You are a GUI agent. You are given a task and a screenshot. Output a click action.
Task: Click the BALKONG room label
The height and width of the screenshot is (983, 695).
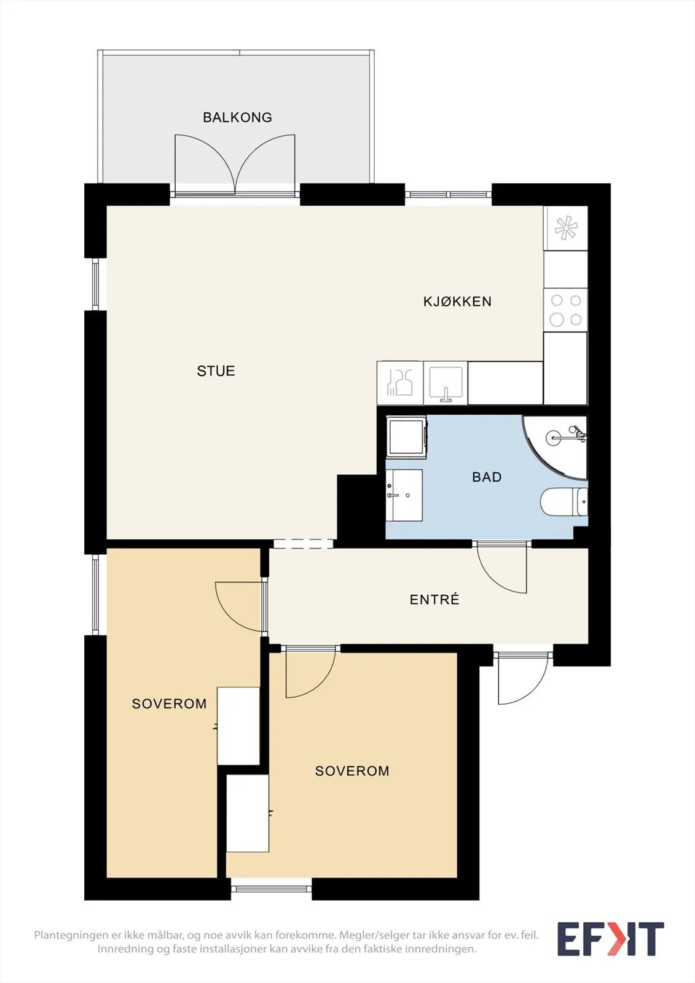pos(237,117)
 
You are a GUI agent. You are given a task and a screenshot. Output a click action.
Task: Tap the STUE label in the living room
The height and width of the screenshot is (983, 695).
pos(216,371)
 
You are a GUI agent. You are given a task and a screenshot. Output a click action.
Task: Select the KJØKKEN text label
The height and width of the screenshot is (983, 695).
pos(457,301)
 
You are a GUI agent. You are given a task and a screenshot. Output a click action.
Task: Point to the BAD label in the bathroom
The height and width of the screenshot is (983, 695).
pos(487,477)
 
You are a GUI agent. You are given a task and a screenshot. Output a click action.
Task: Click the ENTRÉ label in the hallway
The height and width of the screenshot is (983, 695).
pos(434,599)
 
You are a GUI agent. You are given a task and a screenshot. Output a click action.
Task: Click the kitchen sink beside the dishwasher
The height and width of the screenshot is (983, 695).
pos(446,383)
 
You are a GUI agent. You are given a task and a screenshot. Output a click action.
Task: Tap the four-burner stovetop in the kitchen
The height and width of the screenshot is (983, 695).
pos(565,310)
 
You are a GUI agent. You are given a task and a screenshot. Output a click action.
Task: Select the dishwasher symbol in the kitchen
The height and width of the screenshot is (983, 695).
pos(400,383)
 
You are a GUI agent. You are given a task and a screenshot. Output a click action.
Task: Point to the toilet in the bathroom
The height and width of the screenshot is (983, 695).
pos(563,501)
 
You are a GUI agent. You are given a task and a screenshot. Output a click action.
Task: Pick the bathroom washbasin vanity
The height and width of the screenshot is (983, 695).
pos(404,495)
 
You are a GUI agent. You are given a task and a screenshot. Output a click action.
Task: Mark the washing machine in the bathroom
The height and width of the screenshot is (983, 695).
pos(406,437)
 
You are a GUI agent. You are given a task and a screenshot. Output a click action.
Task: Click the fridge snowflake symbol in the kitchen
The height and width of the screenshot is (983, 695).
pos(565,228)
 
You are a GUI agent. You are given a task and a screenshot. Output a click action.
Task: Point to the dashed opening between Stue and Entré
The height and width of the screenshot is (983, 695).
pos(304,544)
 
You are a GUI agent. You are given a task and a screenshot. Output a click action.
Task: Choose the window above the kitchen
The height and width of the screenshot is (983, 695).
pos(448,194)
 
